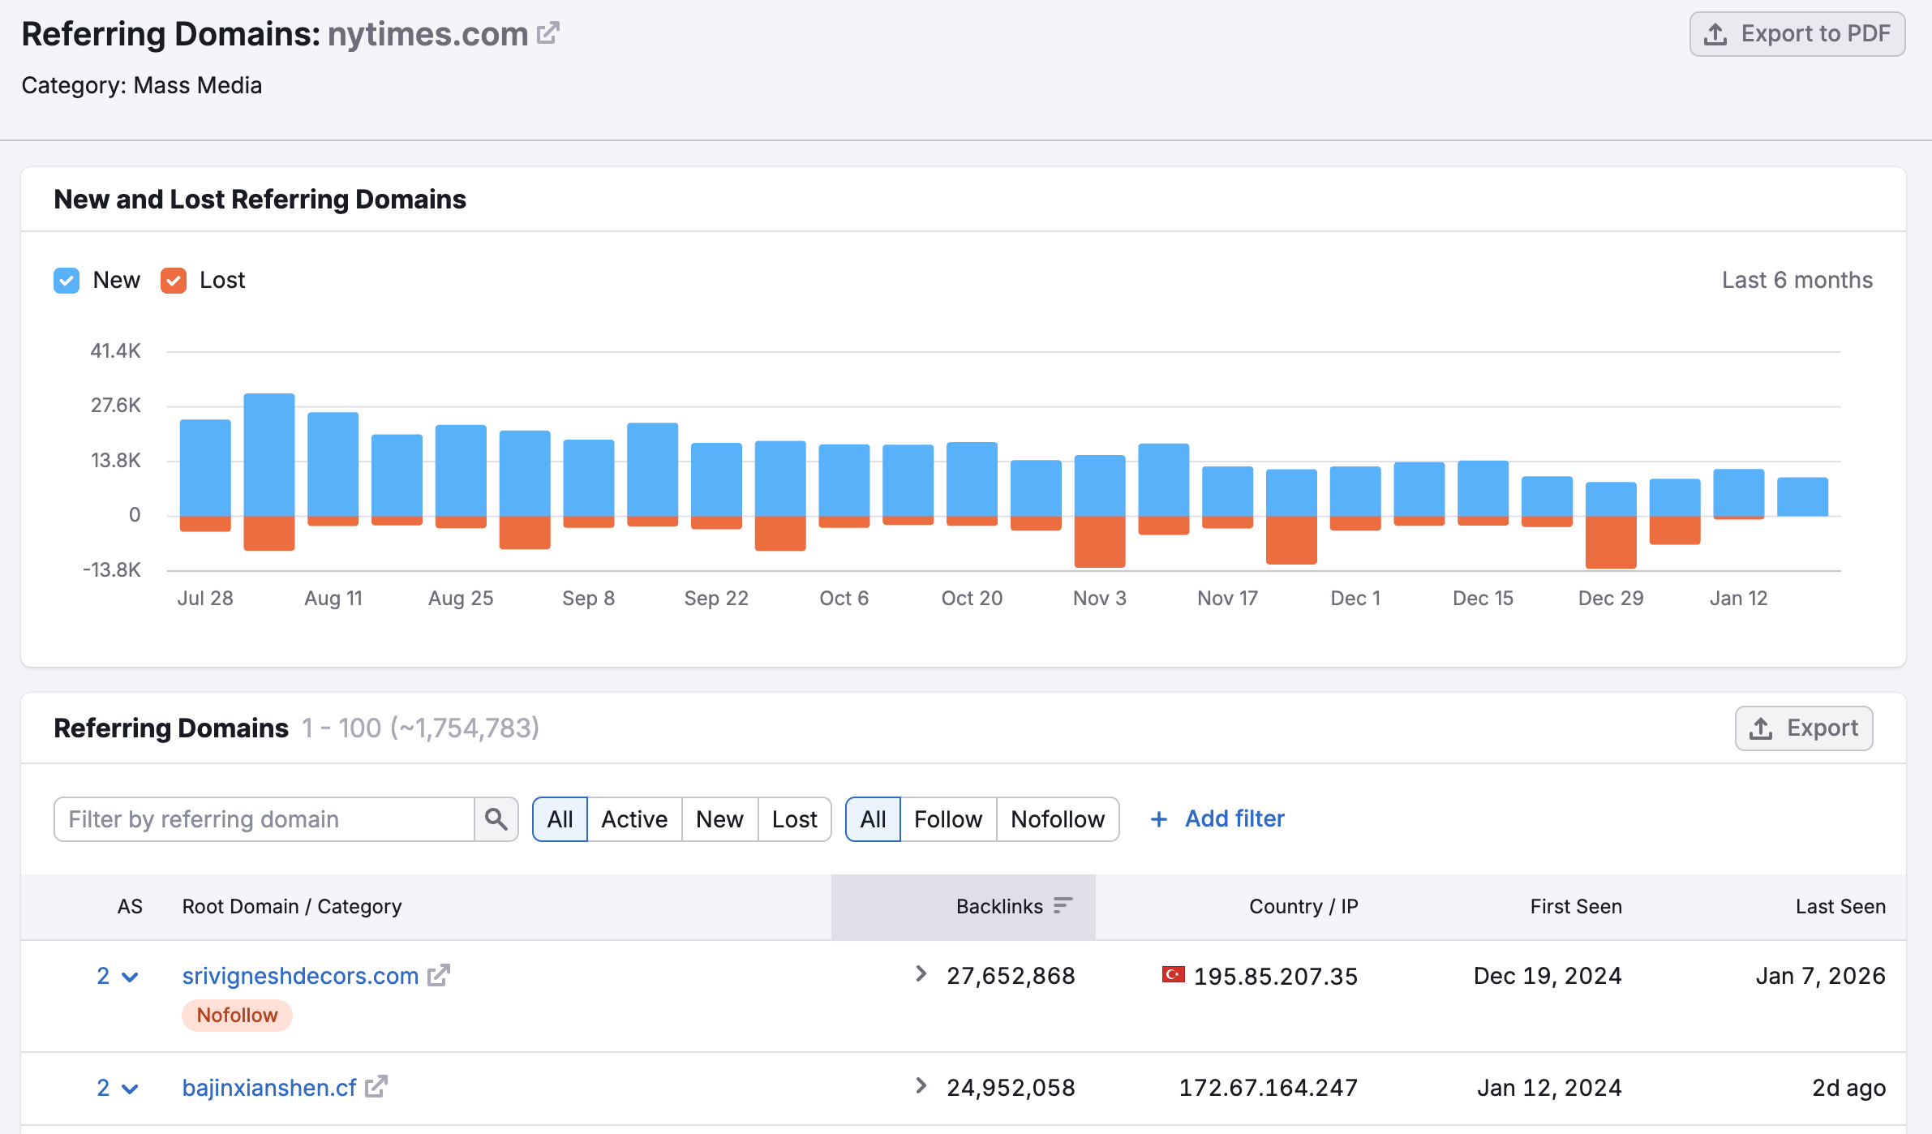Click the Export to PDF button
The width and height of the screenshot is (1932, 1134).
pyautogui.click(x=1797, y=34)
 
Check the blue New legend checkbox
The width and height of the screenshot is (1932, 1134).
pyautogui.click(x=67, y=281)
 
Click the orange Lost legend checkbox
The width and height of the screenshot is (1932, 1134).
pyautogui.click(x=174, y=281)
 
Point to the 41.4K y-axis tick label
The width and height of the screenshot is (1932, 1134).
pyautogui.click(x=115, y=351)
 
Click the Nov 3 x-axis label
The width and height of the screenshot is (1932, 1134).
pyautogui.click(x=1099, y=599)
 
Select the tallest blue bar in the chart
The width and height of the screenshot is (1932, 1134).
pyautogui.click(x=269, y=454)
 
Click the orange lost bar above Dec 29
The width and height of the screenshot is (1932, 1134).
pyautogui.click(x=1610, y=542)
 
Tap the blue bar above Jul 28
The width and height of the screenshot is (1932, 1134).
pyautogui.click(x=205, y=467)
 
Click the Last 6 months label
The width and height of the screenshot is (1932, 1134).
pyautogui.click(x=1797, y=281)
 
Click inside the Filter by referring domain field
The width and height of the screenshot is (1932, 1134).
pyautogui.click(x=264, y=819)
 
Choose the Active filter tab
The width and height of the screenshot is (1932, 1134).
pyautogui.click(x=634, y=819)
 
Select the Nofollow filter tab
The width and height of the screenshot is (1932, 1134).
pyautogui.click(x=1057, y=819)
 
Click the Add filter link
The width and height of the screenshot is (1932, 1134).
pyautogui.click(x=1234, y=819)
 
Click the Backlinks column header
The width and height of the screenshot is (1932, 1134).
pyautogui.click(x=999, y=907)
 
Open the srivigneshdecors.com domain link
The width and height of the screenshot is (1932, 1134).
pyautogui.click(x=300, y=976)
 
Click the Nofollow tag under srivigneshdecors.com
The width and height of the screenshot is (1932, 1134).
pyautogui.click(x=237, y=1016)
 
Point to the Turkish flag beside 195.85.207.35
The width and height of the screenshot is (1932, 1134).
pyautogui.click(x=1173, y=974)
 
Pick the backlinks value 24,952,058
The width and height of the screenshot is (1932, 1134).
pyautogui.click(x=1011, y=1088)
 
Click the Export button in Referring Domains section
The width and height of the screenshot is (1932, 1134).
pyautogui.click(x=1803, y=728)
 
